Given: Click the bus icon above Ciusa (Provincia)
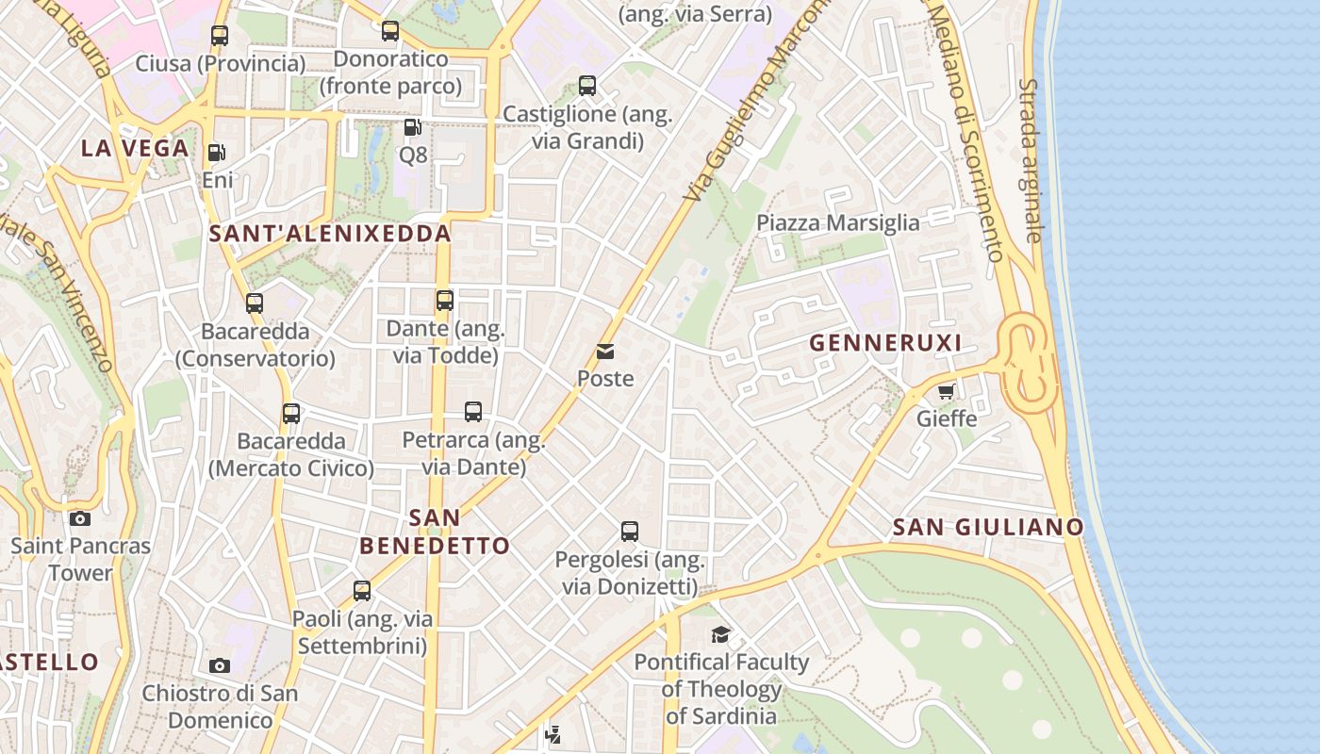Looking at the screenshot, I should click(220, 36).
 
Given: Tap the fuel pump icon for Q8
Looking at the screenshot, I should click(412, 126).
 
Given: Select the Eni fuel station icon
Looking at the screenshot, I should click(217, 152).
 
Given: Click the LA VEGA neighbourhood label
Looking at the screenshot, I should click(135, 148).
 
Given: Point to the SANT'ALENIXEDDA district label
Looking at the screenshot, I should click(330, 233).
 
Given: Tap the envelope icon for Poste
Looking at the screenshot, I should click(605, 352).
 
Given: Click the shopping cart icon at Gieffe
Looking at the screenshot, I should click(947, 391).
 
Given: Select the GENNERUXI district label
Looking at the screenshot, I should click(885, 343).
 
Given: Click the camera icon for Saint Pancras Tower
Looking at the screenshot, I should click(80, 518).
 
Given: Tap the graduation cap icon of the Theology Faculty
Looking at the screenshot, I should click(721, 634).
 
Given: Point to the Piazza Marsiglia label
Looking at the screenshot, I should click(838, 222).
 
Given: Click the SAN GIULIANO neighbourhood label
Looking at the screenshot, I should click(988, 527).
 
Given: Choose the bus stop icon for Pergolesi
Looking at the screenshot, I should click(630, 532).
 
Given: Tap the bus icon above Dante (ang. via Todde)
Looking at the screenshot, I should click(445, 301).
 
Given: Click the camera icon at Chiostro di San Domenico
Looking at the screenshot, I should click(220, 665).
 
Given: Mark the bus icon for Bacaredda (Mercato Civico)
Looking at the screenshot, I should click(291, 413).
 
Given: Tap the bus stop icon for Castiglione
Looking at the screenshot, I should click(587, 86).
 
